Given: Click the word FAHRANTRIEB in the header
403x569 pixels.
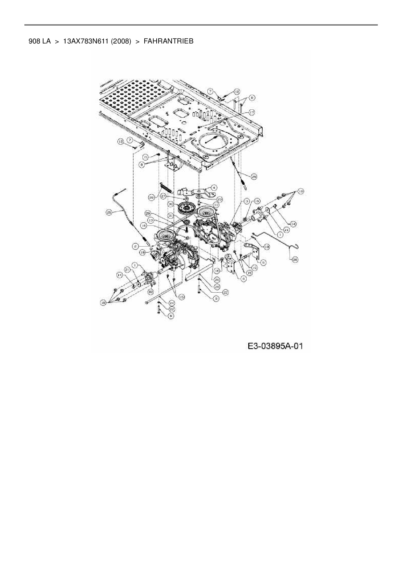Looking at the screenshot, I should (x=168, y=41).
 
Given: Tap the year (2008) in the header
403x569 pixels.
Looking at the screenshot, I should (x=121, y=41).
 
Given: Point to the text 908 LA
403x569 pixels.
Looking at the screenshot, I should (x=39, y=41).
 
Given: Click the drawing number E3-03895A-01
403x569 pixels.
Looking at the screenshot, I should (x=275, y=346).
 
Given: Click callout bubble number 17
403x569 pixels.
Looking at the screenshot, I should (x=251, y=112).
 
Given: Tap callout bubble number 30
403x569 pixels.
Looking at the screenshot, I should (x=170, y=204).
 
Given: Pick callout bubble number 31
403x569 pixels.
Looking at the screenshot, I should (x=170, y=215).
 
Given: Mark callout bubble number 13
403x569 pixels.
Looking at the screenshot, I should (x=150, y=220).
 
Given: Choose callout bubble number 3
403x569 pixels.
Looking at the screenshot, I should (x=247, y=201).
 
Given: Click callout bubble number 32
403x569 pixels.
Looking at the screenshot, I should (x=150, y=292).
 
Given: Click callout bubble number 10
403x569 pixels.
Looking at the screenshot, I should (x=254, y=268).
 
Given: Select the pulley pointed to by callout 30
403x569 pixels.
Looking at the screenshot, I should (x=186, y=207).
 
